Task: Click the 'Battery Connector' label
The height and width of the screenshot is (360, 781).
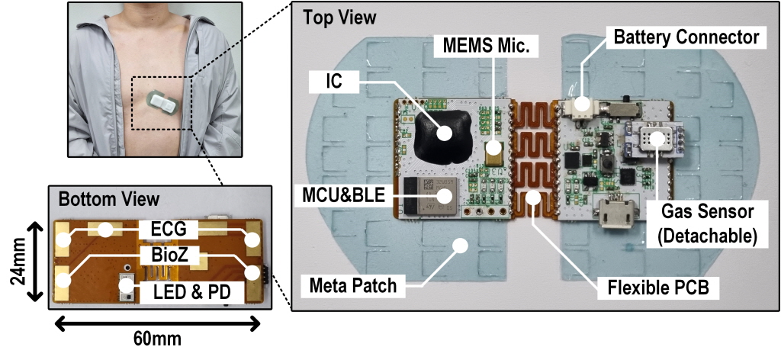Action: [686, 37]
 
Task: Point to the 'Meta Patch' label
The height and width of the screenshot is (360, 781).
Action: [353, 286]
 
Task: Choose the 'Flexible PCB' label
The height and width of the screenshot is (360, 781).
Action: [657, 288]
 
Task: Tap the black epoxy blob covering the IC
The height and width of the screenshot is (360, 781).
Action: [442, 136]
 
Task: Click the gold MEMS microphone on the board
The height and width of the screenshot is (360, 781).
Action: [494, 153]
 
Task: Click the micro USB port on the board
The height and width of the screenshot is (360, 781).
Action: [615, 213]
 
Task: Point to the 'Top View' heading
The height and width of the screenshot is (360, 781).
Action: [339, 18]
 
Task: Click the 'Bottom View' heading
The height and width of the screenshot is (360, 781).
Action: [109, 199]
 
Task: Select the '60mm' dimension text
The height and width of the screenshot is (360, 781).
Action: [157, 339]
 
